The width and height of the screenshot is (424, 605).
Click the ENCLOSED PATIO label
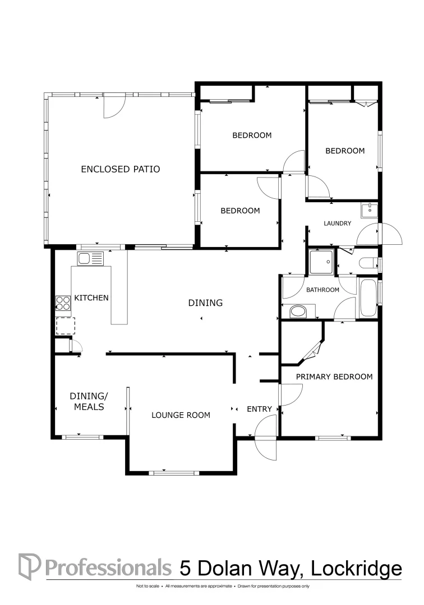coord(121,169)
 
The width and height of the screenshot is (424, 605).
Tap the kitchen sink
coord(90,259)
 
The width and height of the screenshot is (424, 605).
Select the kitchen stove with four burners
coord(63,303)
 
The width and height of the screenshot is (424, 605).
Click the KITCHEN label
coord(91,298)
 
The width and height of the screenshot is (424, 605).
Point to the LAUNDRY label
coord(337,224)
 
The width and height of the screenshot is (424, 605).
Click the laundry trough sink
coord(369,211)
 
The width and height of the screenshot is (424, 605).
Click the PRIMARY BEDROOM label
coord(334,376)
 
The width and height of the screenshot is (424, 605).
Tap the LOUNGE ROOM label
coord(181,415)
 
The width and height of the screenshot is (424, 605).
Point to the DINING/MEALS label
coord(86,402)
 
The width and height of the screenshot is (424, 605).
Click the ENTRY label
coord(259,409)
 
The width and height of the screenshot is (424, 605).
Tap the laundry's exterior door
coord(390,234)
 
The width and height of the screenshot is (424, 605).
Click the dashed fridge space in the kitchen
coord(65,325)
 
